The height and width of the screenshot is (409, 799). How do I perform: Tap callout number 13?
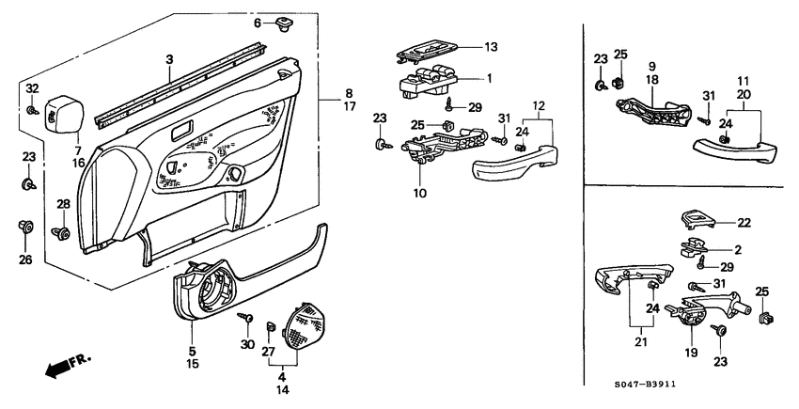490,46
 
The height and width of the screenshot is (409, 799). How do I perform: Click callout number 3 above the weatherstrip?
169,60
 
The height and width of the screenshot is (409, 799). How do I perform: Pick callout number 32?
32,88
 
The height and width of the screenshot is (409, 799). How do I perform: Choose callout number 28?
64,204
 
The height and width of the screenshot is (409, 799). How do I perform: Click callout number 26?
25,260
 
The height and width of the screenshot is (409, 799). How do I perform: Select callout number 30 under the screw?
248,346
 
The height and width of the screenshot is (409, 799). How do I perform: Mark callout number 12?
538,104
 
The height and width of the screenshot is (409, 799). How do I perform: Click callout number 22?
743,222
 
